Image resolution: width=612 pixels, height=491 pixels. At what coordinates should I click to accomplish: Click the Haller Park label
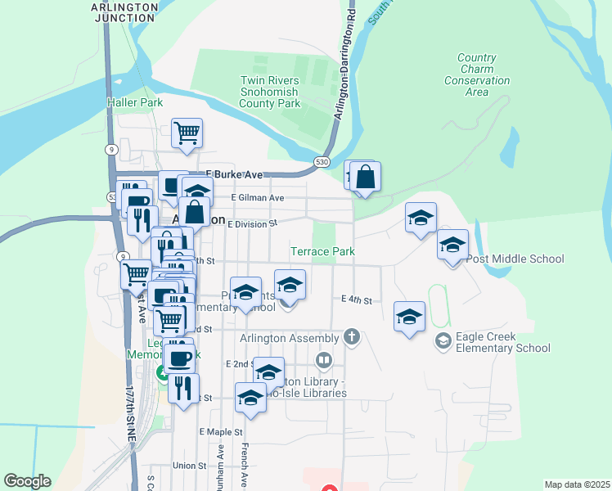(x=135, y=102)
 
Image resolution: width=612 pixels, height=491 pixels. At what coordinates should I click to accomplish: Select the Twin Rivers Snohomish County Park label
(x=270, y=92)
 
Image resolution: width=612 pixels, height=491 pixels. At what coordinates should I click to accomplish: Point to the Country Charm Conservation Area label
(x=477, y=74)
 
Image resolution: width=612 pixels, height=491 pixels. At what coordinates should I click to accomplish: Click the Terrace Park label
(x=323, y=251)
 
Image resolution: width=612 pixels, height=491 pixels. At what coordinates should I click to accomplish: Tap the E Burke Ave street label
(x=235, y=174)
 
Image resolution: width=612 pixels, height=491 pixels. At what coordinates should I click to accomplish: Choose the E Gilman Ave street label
(x=258, y=197)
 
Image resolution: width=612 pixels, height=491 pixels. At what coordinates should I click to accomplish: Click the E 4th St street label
(x=357, y=300)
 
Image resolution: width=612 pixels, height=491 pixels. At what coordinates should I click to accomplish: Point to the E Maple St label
(x=221, y=431)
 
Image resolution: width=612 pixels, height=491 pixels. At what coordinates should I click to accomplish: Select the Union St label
(x=189, y=465)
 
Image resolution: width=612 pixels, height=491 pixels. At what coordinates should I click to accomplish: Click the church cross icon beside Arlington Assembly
(x=352, y=336)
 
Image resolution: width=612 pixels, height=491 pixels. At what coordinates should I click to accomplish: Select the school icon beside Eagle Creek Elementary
(x=443, y=340)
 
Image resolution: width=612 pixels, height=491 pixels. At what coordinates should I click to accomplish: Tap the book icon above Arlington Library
(x=324, y=360)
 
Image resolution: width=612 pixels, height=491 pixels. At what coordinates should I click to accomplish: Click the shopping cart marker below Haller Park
(x=187, y=133)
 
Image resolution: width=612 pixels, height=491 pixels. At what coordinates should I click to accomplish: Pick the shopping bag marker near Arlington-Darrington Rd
(x=366, y=177)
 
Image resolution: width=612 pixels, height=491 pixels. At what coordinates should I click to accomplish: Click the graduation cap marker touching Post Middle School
(x=452, y=244)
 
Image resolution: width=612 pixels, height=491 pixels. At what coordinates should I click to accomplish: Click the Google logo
(x=27, y=481)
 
